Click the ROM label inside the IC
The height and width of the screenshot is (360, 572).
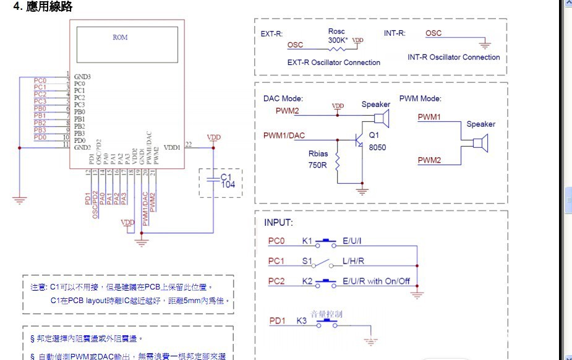pos(120,37)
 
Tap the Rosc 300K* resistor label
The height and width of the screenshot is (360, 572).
pos(336,35)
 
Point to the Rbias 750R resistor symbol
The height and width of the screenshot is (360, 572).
pos(338,165)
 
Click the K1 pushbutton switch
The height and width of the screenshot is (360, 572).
pos(326,241)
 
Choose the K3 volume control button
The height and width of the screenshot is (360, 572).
pos(326,322)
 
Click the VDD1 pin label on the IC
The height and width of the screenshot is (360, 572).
pos(172,147)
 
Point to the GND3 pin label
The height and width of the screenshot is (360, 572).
pos(82,77)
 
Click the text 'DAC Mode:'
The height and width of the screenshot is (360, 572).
pos(283,98)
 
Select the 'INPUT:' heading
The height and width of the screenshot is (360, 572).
pos(278,223)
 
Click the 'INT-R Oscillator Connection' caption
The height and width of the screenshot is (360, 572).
pos(453,58)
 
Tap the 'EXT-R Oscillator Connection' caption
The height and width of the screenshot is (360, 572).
pos(334,62)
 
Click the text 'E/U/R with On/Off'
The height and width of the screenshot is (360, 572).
pos(376,281)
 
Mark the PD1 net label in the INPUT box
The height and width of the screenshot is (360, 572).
pos(277,321)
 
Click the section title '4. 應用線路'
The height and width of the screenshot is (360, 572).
pos(43,7)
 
